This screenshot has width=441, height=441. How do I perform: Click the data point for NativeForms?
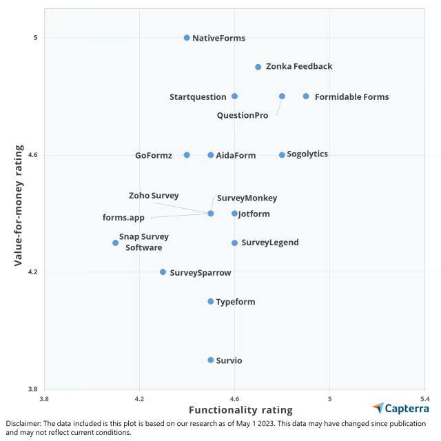187,38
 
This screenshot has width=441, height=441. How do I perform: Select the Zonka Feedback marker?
258,67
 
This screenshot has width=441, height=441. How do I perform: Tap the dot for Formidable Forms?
306,96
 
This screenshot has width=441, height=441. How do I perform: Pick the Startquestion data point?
234,96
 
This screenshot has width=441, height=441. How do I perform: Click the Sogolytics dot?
282,155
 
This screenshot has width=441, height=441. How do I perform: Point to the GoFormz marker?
187,155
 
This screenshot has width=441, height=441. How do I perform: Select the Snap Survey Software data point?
116,243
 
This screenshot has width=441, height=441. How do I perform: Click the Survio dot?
211,360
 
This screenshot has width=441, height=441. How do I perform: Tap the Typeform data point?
211,301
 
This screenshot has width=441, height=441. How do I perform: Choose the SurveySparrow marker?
163,272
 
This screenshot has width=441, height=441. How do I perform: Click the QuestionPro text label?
243,115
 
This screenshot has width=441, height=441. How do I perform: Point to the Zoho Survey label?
154,196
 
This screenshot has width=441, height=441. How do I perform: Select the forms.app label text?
123,218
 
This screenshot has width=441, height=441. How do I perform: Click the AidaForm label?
236,156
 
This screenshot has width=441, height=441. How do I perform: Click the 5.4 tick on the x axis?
424,398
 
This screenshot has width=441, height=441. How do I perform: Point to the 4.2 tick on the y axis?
32,272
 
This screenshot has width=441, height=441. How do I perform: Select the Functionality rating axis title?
240,410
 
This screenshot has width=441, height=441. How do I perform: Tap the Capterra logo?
400,408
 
